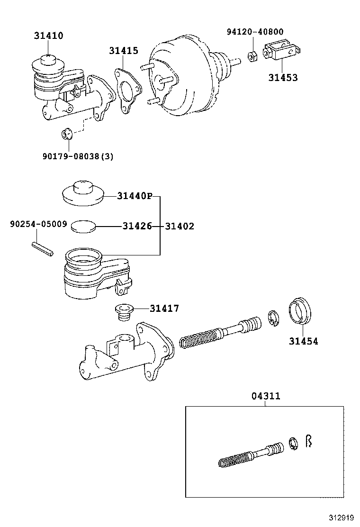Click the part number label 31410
[48, 36]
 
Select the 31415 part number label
[124, 51]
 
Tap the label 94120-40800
[255, 32]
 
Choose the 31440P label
[135, 196]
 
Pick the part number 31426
[137, 227]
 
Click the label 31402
[180, 227]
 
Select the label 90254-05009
[38, 223]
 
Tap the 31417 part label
[164, 309]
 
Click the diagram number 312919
[340, 518]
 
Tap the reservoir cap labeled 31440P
[83, 194]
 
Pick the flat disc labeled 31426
[83, 226]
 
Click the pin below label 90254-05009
[43, 249]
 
